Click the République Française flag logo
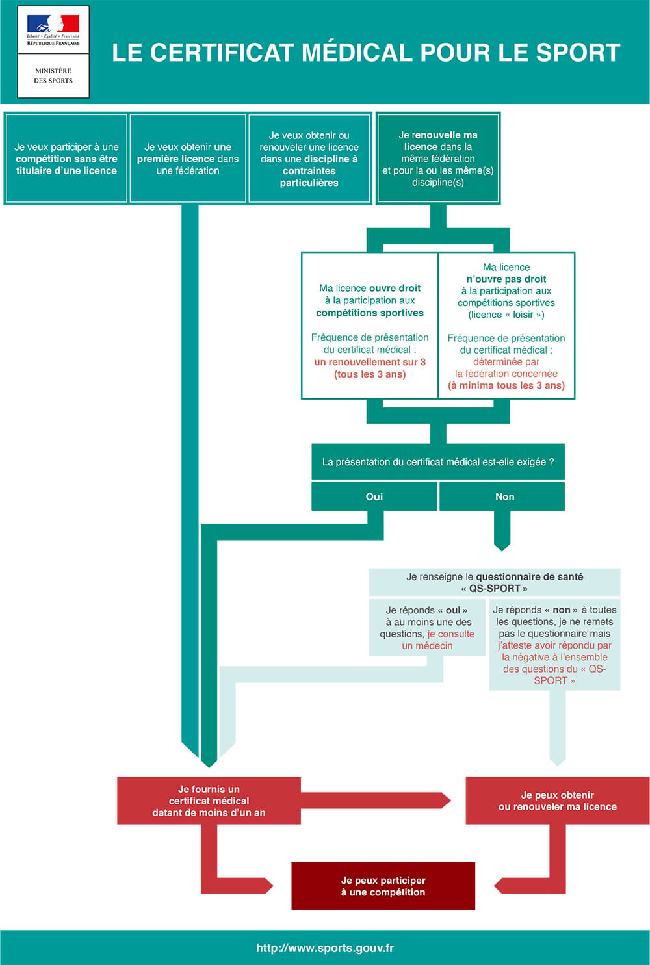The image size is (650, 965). [x=53, y=30]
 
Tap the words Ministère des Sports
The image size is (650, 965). [x=53, y=76]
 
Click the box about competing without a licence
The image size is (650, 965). [x=66, y=159]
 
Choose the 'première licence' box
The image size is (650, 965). [x=188, y=159]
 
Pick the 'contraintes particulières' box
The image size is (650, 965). [x=309, y=159]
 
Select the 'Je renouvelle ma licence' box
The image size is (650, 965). [x=438, y=158]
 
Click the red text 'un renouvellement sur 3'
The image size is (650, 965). [x=370, y=362]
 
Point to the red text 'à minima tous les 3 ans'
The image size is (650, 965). [x=506, y=385]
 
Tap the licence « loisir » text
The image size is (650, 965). [x=506, y=315]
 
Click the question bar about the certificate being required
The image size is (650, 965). [x=438, y=462]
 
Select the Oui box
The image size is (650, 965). [x=374, y=496]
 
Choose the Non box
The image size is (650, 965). [x=502, y=496]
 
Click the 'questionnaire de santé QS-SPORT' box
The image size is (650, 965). [x=495, y=582]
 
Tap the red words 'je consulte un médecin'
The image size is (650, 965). [x=438, y=639]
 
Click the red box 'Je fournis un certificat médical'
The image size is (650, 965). [x=209, y=801]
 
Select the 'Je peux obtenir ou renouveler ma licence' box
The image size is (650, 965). [x=558, y=801]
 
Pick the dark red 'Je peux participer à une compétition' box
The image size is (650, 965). [x=383, y=886]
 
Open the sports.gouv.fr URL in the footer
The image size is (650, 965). [x=325, y=947]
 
